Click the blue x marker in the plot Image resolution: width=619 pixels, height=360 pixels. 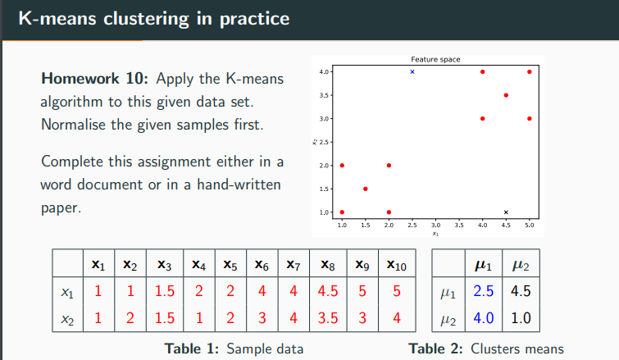[412, 72]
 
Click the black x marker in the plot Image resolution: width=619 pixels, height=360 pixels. [506, 212]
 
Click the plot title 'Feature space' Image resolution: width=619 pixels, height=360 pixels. [435, 59]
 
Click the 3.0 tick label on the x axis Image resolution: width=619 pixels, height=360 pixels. [435, 225]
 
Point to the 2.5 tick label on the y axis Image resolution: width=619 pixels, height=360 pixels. [324, 142]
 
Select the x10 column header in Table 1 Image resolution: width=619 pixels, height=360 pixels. [397, 265]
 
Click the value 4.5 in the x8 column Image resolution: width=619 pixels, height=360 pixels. [328, 291]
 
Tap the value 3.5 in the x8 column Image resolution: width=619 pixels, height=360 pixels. [328, 317]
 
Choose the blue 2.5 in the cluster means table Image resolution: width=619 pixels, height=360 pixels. [484, 291]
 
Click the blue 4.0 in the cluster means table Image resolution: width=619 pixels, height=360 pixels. [484, 317]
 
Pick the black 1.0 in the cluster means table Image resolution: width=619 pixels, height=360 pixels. [521, 317]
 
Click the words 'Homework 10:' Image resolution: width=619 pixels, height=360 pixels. [95, 79]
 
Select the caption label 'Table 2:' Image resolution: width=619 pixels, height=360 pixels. [435, 349]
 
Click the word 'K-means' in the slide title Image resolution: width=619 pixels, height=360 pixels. [57, 19]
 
